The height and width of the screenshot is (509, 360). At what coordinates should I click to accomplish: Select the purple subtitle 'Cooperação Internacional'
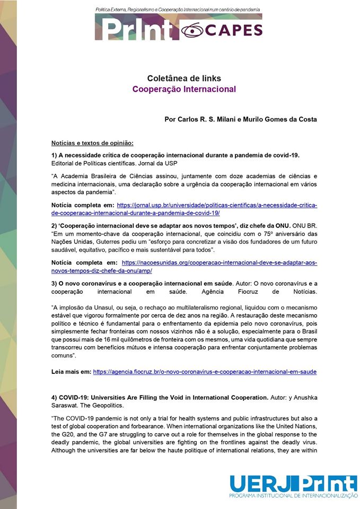point(184,89)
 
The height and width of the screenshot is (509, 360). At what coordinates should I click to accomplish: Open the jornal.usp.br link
point(217,205)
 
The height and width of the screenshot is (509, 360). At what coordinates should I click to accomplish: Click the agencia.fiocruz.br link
point(205,372)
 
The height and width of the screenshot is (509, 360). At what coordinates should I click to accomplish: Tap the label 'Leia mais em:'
point(71,372)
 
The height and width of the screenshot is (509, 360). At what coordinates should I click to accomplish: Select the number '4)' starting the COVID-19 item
point(55,397)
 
